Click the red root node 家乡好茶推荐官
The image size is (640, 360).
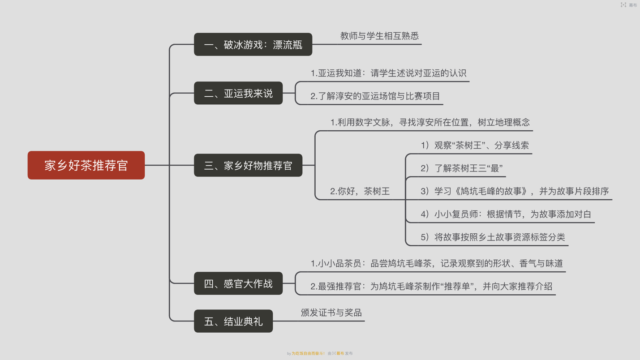coord(86,165)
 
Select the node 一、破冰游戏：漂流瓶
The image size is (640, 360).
coord(253,44)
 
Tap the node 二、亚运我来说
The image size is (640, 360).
coord(238,93)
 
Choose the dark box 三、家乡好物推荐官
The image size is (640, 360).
coord(248,165)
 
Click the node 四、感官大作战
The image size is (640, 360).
coord(238,283)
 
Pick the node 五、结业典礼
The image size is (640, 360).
coord(233,321)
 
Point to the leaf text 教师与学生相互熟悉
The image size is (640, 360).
coord(379,36)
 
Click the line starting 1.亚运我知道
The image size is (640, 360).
coord(388,73)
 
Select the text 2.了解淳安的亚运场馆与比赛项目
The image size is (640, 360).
coord(375,96)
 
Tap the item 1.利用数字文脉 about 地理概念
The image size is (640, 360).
coord(430,122)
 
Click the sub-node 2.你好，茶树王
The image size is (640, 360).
coord(360,191)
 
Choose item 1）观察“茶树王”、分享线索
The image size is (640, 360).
coord(475,145)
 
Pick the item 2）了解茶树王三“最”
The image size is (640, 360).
coord(461,168)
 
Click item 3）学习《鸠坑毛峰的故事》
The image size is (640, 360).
coord(515,191)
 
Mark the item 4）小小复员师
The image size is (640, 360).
coord(506,214)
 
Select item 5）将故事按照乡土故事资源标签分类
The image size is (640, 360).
coord(493,237)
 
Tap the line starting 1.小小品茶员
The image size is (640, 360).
coord(437,263)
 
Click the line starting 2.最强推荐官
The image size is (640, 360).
coord(431,286)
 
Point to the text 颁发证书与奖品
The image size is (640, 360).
coord(331,313)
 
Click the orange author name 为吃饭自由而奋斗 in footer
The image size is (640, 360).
coord(307,353)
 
